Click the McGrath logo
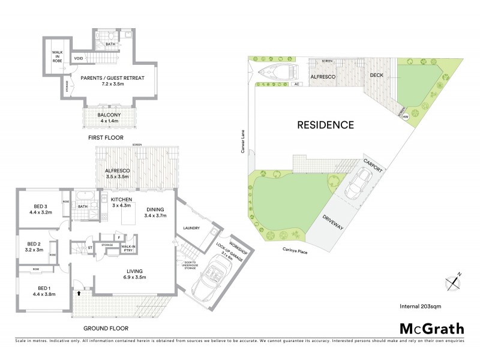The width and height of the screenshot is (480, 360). point(431,328)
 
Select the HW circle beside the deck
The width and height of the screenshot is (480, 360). point(406,117)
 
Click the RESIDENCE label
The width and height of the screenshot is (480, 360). point(326,125)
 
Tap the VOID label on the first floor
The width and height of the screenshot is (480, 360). point(79,58)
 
